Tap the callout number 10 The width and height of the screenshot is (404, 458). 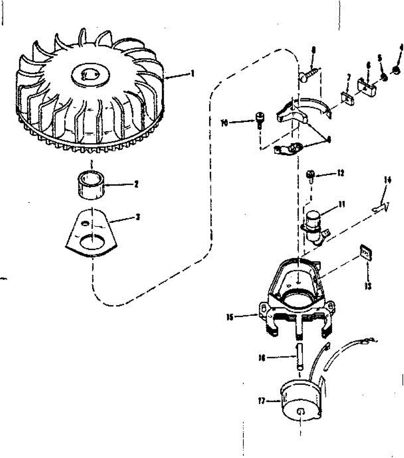[x=224, y=123]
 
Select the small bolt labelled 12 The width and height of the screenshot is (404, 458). [x=310, y=176]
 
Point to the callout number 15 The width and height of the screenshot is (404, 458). [x=230, y=316]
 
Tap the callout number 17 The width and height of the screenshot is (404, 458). [x=262, y=401]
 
